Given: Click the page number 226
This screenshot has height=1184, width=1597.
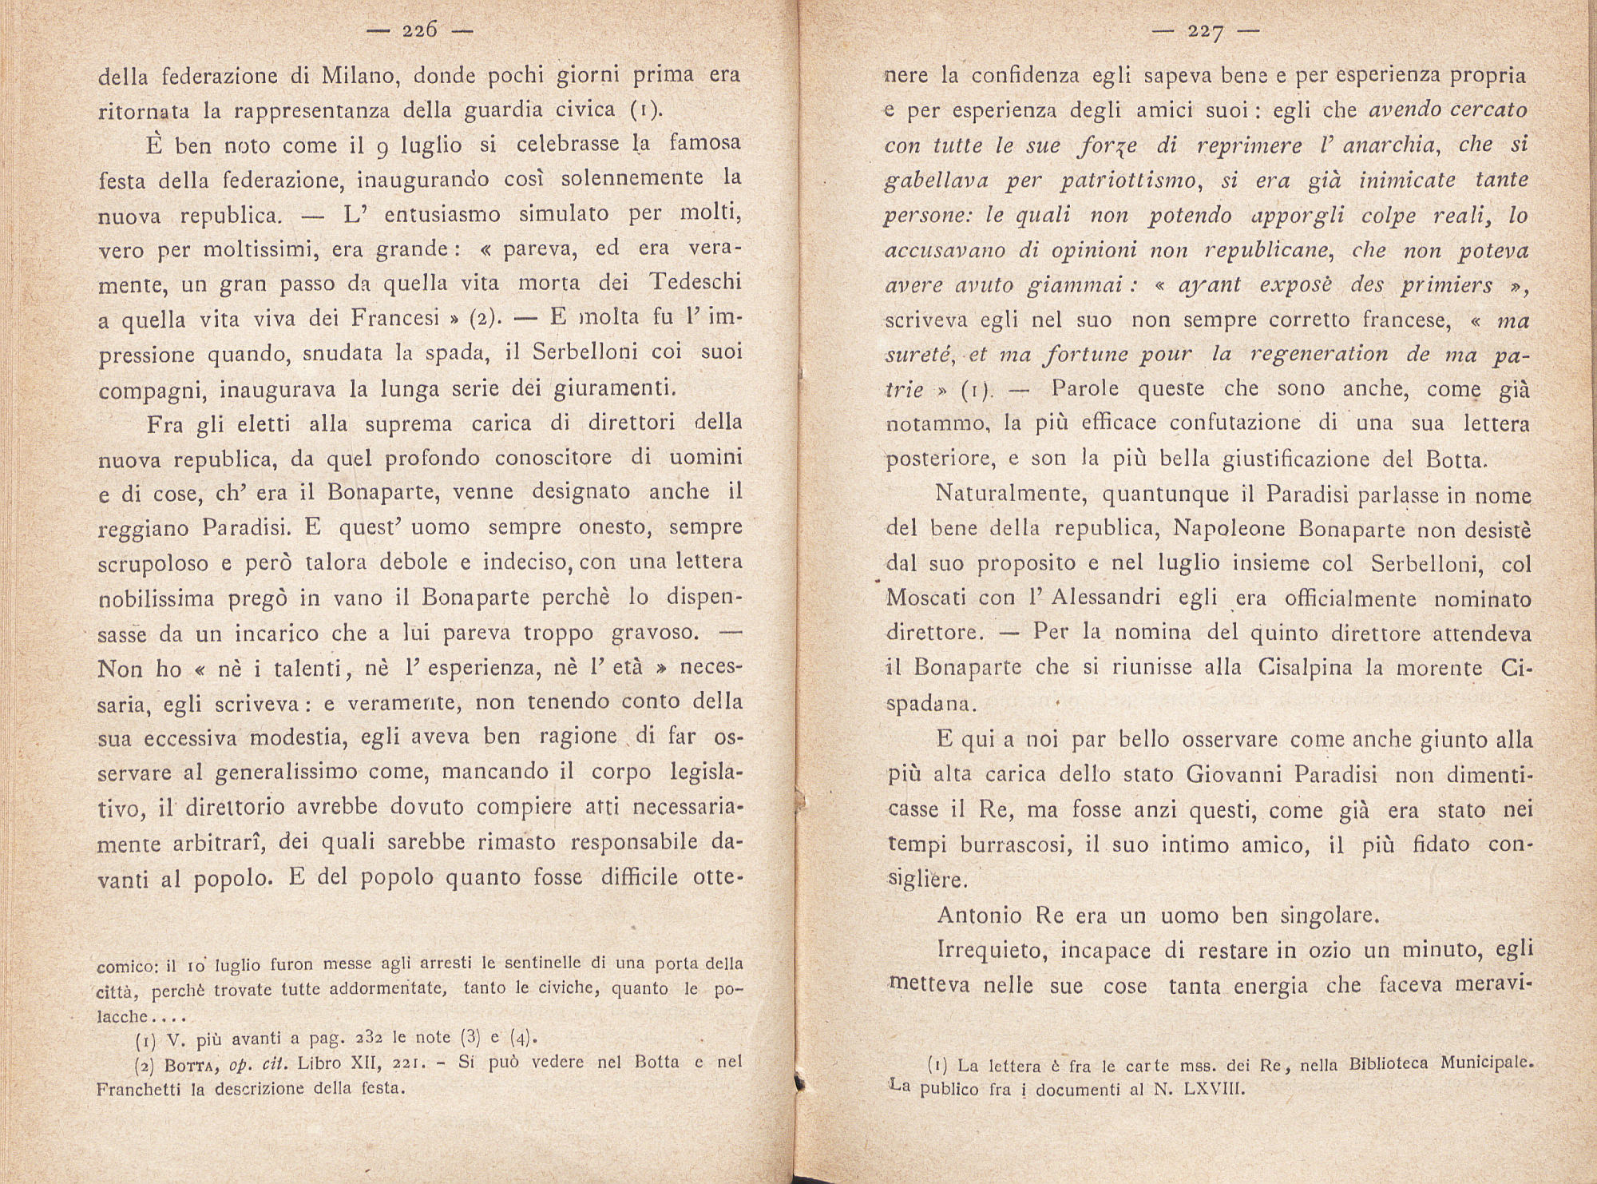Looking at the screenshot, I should click(x=420, y=31).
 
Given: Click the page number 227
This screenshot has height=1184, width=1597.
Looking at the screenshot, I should click(x=1206, y=32).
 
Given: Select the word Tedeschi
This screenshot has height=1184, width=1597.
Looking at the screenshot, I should click(x=695, y=283).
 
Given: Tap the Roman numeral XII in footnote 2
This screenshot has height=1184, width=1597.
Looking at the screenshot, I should click(x=368, y=1063).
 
